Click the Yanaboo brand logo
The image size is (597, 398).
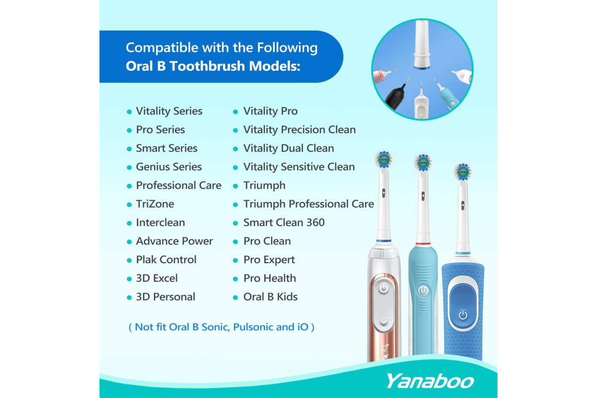tap(430, 381)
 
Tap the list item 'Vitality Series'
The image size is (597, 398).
tap(169, 111)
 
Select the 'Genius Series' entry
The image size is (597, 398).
tap(169, 167)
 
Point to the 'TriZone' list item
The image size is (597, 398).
tap(155, 204)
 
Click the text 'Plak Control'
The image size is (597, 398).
tap(166, 260)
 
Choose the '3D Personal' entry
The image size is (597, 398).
tap(166, 297)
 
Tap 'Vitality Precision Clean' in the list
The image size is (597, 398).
tap(299, 130)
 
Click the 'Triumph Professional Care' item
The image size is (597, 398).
tap(308, 204)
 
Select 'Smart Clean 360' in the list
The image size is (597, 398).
tap(284, 222)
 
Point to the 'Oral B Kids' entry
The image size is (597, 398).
tap(270, 297)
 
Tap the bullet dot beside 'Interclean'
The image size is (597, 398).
tap(129, 223)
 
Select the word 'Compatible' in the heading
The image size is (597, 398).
tap(162, 48)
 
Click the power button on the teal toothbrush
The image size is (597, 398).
tap(423, 291)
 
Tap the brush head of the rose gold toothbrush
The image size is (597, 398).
tap(384, 159)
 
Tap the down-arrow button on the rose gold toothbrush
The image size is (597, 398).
tap(384, 322)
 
